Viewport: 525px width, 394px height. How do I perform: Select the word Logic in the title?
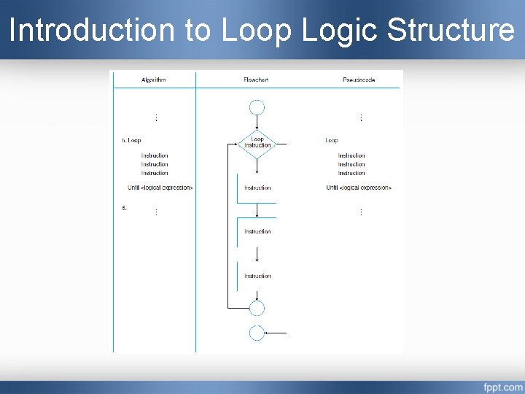coord(340,31)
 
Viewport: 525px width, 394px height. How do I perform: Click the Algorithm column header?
coord(153,80)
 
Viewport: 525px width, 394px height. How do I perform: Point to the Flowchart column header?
coord(256,80)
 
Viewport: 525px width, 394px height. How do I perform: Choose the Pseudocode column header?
coord(359,80)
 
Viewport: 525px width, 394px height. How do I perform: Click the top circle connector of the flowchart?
coord(257,108)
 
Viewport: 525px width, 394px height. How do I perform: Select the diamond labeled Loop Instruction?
coord(257,143)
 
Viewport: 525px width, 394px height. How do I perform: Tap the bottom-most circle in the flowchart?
coord(257,333)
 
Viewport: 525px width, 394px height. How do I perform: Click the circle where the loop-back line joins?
coord(257,307)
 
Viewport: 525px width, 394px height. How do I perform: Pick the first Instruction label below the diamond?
coord(257,188)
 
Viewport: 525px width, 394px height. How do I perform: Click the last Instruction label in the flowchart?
coord(257,276)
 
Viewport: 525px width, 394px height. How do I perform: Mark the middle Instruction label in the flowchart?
coord(257,231)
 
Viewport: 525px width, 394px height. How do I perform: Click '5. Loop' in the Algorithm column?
coord(131,140)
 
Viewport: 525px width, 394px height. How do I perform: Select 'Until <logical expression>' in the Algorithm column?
coord(160,188)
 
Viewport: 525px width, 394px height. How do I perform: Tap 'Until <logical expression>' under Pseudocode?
coord(359,188)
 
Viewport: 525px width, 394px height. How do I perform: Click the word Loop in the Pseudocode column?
coord(332,140)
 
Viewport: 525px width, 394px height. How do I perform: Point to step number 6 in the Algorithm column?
coord(124,208)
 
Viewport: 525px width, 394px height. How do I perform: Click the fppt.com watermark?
coord(502,386)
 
